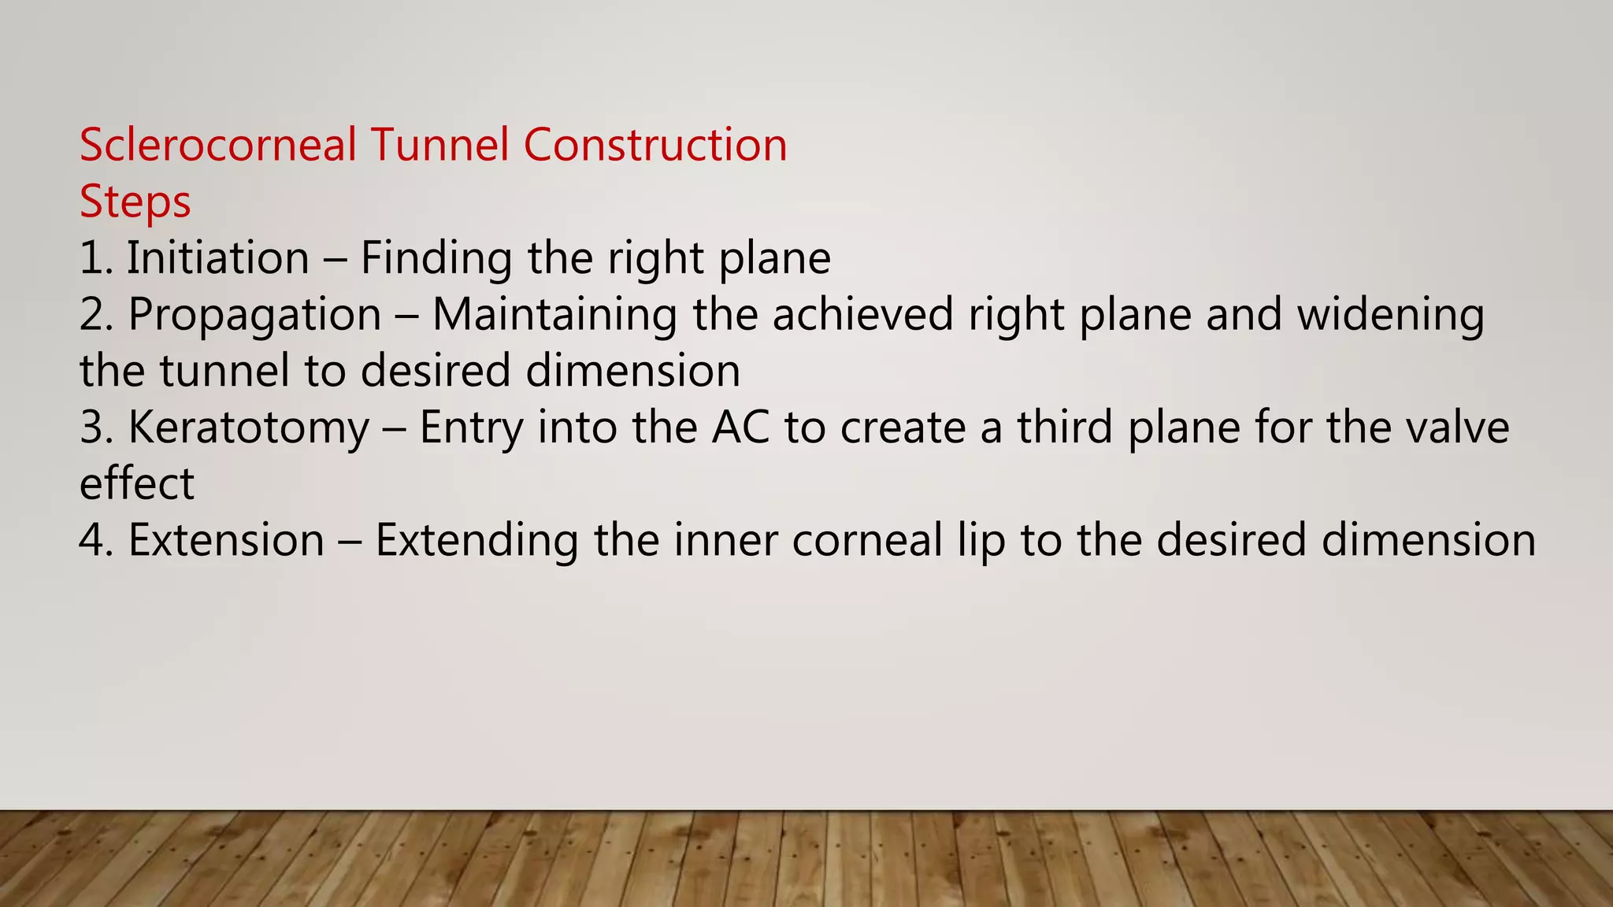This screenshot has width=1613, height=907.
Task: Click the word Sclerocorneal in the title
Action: tap(218, 146)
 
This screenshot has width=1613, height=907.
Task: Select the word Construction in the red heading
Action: tap(654, 146)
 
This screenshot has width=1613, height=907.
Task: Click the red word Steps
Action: tap(135, 202)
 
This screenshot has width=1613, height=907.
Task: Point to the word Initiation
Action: tap(218, 258)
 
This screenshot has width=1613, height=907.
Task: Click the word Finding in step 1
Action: tap(436, 258)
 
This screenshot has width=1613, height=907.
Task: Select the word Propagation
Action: tap(254, 315)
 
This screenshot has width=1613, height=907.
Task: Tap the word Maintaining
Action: tap(554, 315)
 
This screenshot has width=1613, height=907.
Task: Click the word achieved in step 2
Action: tap(863, 315)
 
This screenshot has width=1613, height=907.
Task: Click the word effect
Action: tap(136, 483)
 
